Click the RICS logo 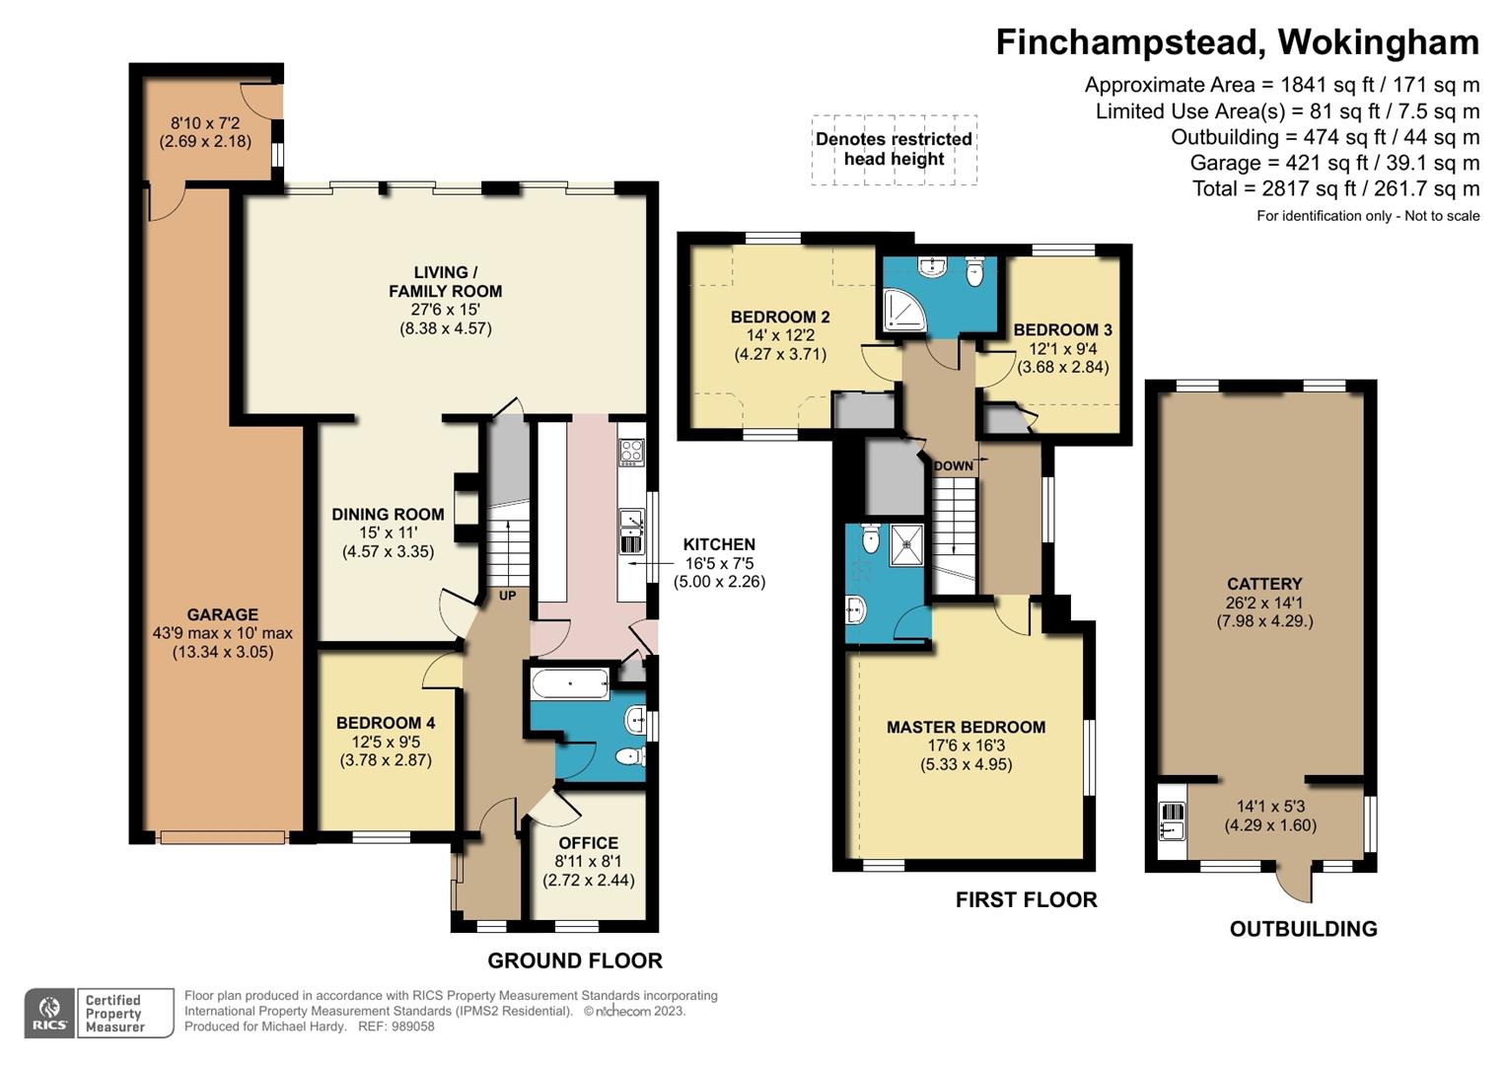pyautogui.click(x=49, y=1013)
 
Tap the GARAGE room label pyautogui.click(x=223, y=614)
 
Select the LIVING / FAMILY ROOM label pyautogui.click(x=446, y=282)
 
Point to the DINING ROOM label pyautogui.click(x=388, y=515)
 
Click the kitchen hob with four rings pyautogui.click(x=631, y=453)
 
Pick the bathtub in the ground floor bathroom pyautogui.click(x=570, y=684)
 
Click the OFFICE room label pyautogui.click(x=588, y=843)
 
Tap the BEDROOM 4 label pyautogui.click(x=386, y=723)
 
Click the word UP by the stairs pyautogui.click(x=508, y=596)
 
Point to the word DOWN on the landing pyautogui.click(x=954, y=465)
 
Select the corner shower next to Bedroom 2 pyautogui.click(x=905, y=310)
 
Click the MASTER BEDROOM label pyautogui.click(x=967, y=727)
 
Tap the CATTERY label pyautogui.click(x=1264, y=584)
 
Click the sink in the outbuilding pyautogui.click(x=1173, y=830)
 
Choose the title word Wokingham pyautogui.click(x=1378, y=42)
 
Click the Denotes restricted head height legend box pyautogui.click(x=895, y=149)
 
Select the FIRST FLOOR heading pyautogui.click(x=1026, y=899)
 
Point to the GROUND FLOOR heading pyautogui.click(x=575, y=960)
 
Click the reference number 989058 pyautogui.click(x=414, y=1027)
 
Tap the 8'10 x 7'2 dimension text pyautogui.click(x=205, y=123)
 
